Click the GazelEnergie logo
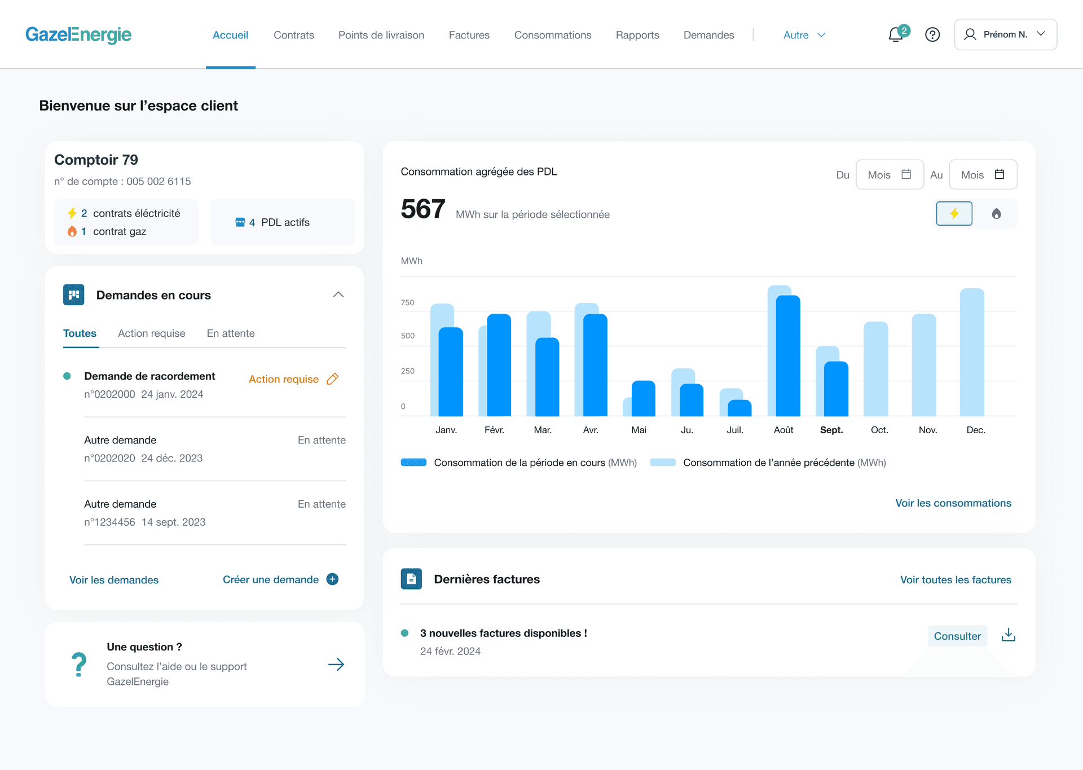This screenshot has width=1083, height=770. (78, 35)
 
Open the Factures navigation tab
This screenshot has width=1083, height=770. (469, 35)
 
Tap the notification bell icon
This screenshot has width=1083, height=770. (895, 35)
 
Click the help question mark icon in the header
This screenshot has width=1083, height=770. (932, 35)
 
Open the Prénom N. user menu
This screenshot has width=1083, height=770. (1005, 34)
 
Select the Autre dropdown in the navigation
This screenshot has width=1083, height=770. (804, 35)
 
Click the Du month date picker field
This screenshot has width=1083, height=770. (890, 175)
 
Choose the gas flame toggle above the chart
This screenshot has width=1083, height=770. (996, 214)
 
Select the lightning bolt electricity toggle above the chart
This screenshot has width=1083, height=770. (954, 214)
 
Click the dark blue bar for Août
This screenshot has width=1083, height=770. (788, 355)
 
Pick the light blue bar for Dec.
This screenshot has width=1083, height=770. (972, 353)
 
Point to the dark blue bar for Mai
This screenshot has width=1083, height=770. (644, 398)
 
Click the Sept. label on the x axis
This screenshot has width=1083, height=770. (831, 430)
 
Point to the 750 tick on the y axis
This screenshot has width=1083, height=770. (407, 303)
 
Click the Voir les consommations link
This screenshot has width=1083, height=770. (953, 503)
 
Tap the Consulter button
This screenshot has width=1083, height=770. (957, 636)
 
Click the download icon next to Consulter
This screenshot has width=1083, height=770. (1008, 636)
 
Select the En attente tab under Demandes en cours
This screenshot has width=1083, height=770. (231, 333)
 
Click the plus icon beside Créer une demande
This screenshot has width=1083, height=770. (333, 579)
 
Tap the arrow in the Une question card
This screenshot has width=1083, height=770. (336, 665)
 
